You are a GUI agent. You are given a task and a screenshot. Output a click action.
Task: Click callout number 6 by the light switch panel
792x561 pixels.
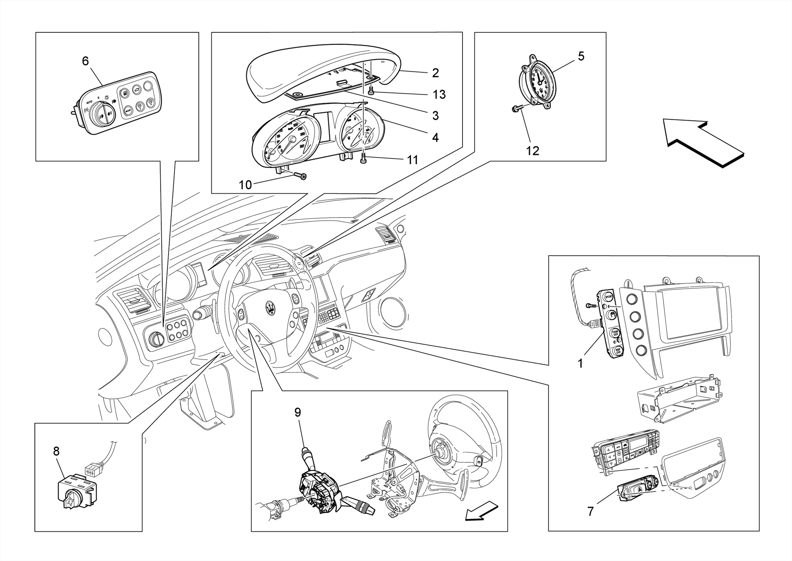point(85,61)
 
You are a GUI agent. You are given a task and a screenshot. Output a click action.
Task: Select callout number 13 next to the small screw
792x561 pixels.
point(439,94)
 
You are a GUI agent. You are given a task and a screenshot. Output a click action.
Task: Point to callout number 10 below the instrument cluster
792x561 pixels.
point(245,185)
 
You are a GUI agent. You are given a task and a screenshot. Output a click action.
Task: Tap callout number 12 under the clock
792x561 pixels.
point(533,151)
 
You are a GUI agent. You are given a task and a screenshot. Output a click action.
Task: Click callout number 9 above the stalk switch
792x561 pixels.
point(297,412)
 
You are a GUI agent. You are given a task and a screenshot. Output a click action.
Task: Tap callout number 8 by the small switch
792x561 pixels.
point(56,451)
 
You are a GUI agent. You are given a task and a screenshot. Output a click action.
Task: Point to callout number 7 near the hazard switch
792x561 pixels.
point(590,511)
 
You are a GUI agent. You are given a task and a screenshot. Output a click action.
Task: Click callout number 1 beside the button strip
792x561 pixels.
point(580,364)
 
